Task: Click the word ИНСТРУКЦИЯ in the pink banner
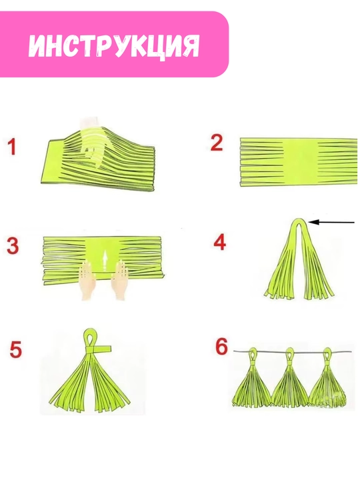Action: [x=114, y=45]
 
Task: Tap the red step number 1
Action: [x=11, y=147]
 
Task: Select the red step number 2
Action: [x=217, y=143]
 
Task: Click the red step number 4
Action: [x=219, y=242]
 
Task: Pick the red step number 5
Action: [x=15, y=349]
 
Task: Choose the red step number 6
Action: [x=221, y=347]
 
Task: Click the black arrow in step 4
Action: [x=331, y=222]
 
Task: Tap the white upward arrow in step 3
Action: [x=105, y=261]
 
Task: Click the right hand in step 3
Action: [x=120, y=280]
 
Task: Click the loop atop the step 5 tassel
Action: [x=91, y=337]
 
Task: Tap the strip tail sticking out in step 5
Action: [x=103, y=349]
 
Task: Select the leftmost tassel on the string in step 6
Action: [x=252, y=379]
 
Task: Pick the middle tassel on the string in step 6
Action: [x=289, y=379]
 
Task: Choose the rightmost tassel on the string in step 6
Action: [x=327, y=379]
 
